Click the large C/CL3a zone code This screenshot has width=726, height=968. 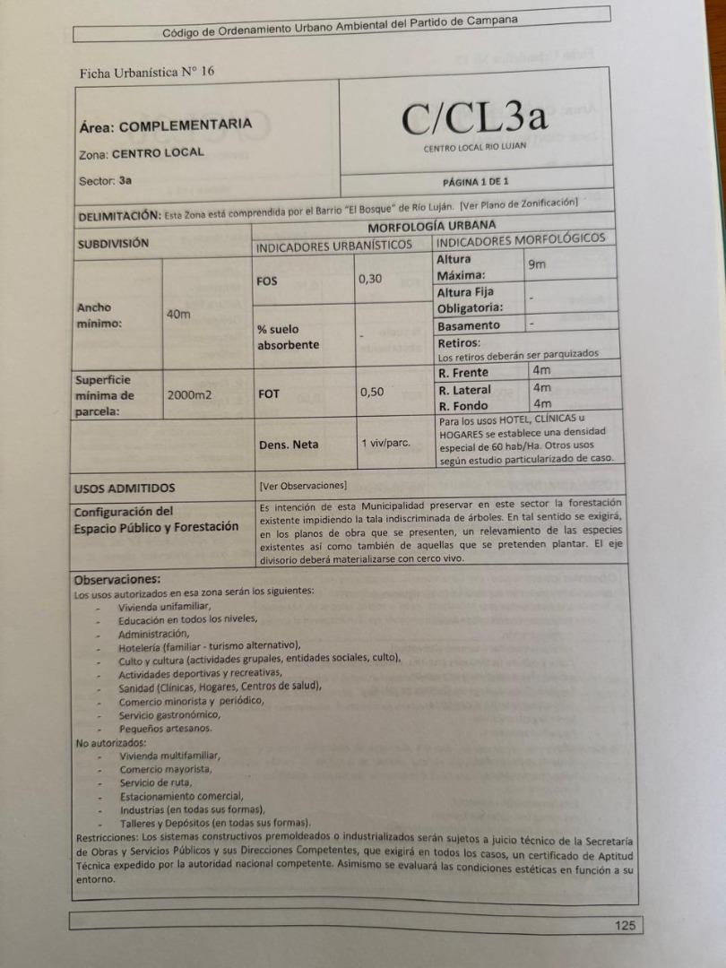[474, 118]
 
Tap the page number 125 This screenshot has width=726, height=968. [625, 926]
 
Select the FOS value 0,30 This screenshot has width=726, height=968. [370, 279]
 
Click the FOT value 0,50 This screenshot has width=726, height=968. [373, 392]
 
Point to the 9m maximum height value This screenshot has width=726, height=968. [537, 264]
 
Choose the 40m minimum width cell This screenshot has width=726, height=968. [179, 314]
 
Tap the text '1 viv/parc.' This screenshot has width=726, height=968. [386, 443]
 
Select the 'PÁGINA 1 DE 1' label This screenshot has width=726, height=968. [475, 181]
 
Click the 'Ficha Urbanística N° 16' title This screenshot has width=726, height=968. [147, 72]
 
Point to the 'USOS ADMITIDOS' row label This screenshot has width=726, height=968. [125, 488]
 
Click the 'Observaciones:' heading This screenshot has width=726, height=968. [117, 579]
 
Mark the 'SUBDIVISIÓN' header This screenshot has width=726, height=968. [113, 243]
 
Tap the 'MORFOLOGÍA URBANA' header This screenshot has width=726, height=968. [431, 227]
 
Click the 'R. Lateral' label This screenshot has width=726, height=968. [464, 390]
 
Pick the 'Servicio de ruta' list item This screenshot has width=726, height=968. [156, 782]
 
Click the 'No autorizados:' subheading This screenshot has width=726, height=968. [111, 742]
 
